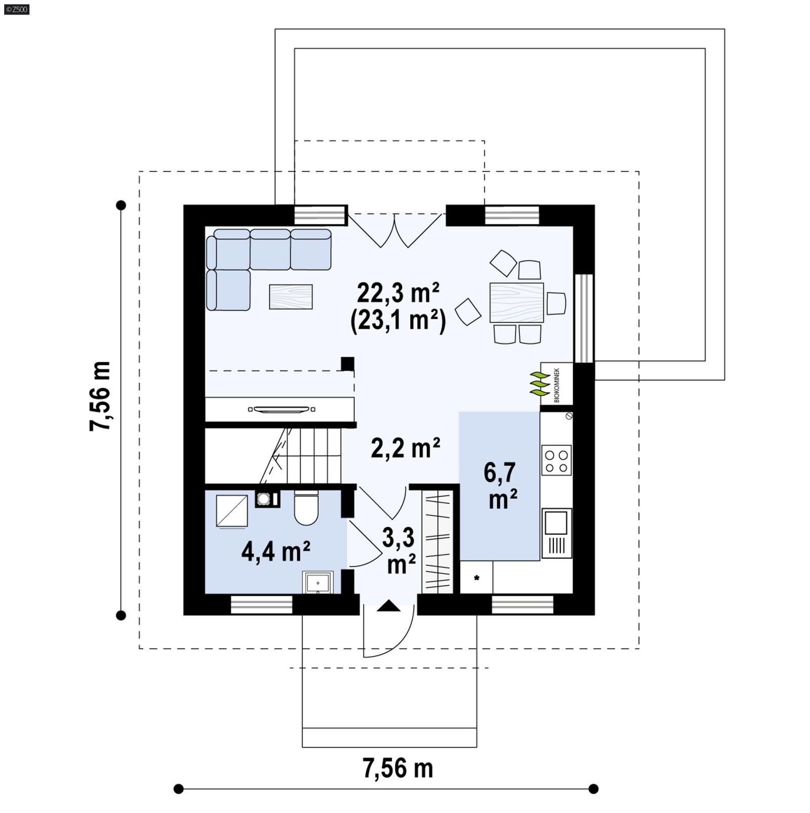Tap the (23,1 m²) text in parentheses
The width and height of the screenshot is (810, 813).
[398, 320]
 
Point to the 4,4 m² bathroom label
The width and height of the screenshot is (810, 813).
[275, 551]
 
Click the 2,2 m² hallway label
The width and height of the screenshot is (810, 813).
[405, 448]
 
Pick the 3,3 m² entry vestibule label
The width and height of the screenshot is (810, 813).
[399, 551]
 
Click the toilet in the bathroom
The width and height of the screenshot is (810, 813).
[306, 508]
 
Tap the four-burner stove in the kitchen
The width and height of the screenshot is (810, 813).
[556, 460]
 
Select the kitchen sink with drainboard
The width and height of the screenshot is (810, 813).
[557, 532]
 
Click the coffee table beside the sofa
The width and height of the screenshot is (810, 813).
[291, 296]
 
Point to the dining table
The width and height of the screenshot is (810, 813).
[516, 303]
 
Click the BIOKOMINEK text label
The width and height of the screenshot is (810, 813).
[557, 385]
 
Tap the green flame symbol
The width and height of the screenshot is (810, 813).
[539, 384]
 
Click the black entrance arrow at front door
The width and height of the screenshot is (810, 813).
[388, 605]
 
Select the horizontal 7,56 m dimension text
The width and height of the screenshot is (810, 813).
[398, 768]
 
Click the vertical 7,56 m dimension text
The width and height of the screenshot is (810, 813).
[100, 396]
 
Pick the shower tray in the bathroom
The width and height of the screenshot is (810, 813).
[231, 511]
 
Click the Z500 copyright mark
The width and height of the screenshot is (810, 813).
[16, 9]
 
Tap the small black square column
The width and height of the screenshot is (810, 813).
[347, 363]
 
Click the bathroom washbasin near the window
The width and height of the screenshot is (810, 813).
[317, 582]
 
